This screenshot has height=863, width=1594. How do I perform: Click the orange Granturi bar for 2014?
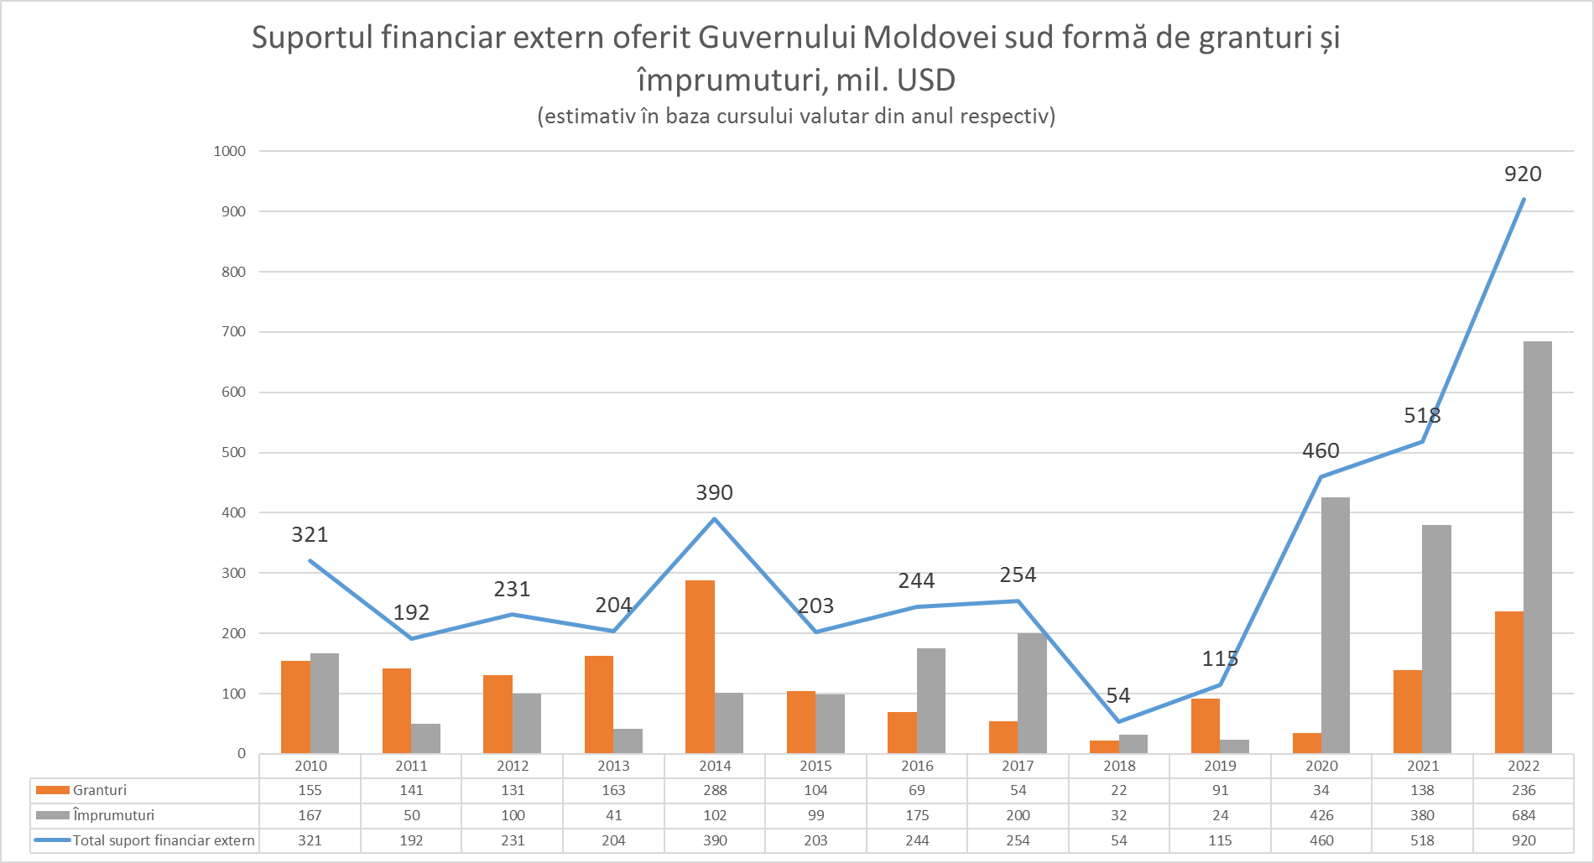pos(700,667)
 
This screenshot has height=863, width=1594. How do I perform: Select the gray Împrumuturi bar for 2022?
pos(1537,547)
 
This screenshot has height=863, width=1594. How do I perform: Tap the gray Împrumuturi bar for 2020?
pos(1335,625)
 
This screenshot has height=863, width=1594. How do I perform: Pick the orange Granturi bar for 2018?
pos(1104,746)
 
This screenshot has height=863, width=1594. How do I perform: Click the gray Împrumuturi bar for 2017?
pos(1032,693)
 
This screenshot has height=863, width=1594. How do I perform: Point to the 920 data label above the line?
pos(1523,174)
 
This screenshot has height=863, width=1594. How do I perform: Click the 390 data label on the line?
pos(714,492)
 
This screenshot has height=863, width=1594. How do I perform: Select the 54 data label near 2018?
pos(1117,695)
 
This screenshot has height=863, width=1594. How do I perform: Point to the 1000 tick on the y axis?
pos(229,151)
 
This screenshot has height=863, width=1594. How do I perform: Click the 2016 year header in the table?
pos(917,766)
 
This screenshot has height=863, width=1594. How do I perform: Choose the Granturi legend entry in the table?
pos(99,790)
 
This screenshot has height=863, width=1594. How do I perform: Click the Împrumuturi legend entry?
pos(113,815)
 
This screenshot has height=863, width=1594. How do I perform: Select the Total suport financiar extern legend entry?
pos(164,840)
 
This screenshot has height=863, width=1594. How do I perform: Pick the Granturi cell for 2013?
pos(613,790)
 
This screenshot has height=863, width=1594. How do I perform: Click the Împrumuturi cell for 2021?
pos(1422,815)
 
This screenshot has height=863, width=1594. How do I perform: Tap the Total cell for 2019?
pos(1220,840)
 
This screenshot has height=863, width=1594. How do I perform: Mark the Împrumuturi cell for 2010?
pos(310,815)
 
